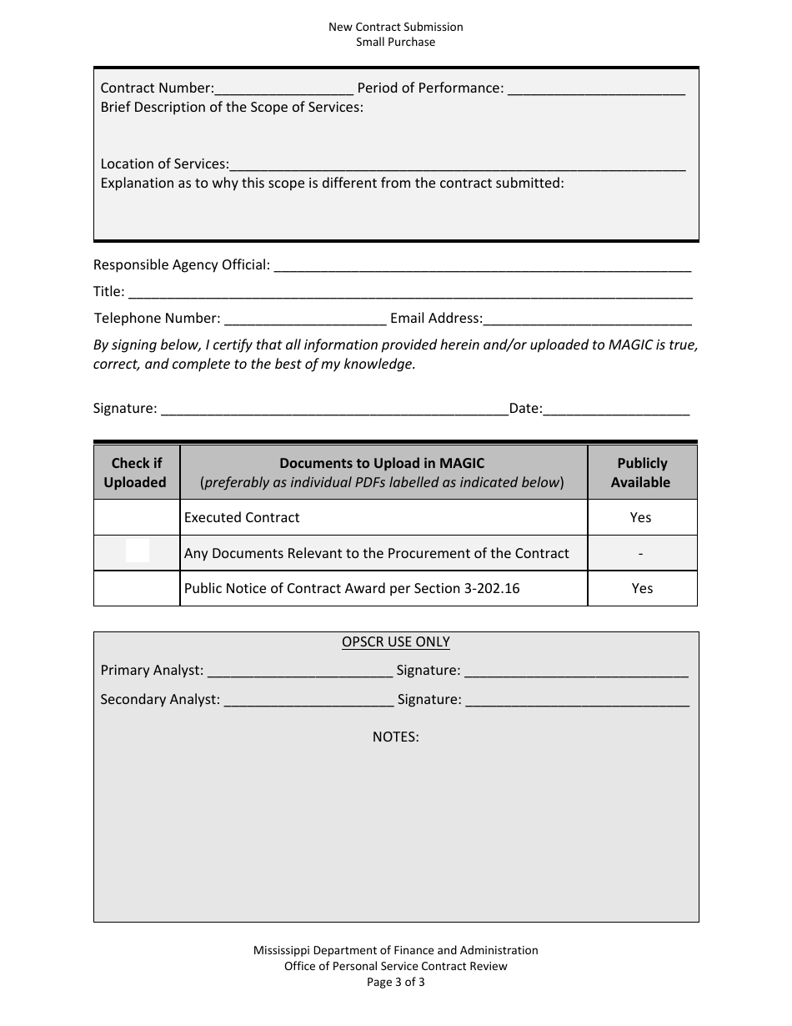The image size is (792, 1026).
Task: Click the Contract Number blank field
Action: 284,88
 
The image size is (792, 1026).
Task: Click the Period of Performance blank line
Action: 596,88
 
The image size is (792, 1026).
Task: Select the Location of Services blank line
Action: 457,164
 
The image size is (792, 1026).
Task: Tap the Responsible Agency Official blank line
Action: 482,265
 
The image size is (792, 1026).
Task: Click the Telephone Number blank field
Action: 305,319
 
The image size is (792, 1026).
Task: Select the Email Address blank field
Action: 587,319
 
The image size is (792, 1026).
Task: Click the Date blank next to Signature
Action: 616,409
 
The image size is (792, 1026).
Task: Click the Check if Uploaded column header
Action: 136,472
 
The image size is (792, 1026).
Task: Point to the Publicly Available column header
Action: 641,472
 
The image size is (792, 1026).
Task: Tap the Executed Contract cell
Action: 242,517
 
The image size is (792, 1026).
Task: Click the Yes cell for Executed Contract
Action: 641,517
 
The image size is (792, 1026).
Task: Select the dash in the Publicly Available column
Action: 640,553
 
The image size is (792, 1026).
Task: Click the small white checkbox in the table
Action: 138,551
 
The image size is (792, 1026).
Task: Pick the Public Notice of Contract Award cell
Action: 351,588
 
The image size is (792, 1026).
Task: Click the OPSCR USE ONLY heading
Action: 395,642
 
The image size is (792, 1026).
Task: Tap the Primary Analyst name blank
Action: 299,671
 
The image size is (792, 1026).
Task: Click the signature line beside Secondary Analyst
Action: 576,700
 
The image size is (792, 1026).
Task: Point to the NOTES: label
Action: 395,737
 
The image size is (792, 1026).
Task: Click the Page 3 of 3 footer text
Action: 395,982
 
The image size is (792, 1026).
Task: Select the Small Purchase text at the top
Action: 395,42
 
